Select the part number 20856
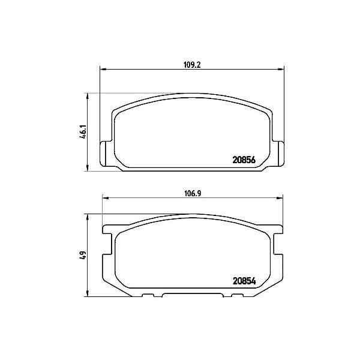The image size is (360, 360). point(244,160)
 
